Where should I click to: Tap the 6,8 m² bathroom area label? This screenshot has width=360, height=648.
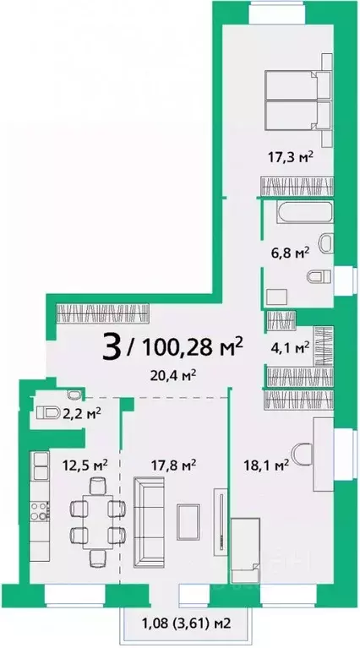[x=291, y=253]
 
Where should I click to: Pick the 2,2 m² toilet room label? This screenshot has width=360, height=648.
[x=82, y=413]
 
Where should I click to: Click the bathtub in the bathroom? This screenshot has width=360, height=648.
[x=305, y=212]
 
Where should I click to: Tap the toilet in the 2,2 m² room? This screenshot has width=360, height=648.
[x=49, y=412]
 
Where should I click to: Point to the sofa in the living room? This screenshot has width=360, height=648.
[x=149, y=522]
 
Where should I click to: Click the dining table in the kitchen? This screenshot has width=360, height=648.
[x=97, y=522]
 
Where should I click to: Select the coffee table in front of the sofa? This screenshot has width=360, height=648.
[x=188, y=522]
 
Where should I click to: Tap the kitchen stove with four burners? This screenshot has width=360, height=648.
[x=40, y=510]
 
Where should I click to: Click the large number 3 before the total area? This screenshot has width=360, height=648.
[x=112, y=346]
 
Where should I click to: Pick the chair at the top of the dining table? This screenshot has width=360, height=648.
[x=98, y=485]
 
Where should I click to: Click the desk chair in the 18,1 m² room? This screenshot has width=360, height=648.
[x=303, y=455]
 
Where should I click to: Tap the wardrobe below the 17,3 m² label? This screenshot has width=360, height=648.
[x=297, y=186]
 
